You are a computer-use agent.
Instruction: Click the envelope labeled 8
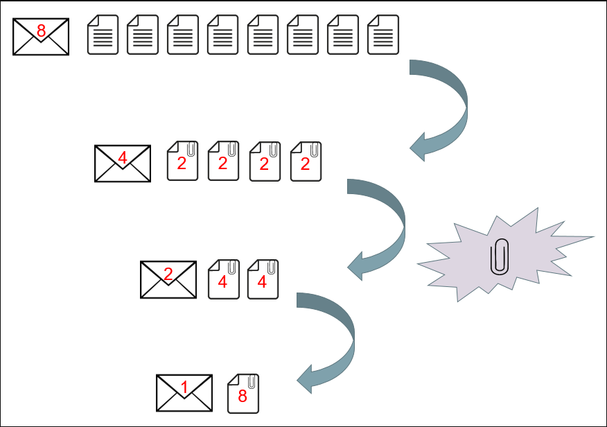41,37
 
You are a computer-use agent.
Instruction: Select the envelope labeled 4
123,164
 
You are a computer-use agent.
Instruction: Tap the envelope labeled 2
168,279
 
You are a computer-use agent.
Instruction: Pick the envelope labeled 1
184,393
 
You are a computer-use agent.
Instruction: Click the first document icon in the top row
103,35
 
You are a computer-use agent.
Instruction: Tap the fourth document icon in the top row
223,35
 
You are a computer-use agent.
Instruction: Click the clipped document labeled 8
243,394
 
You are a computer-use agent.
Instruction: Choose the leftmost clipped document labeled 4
224,279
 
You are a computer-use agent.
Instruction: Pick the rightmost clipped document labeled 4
263,279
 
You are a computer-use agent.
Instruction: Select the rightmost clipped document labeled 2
306,162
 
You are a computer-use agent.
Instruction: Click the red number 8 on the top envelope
41,31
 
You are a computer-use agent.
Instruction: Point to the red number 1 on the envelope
184,387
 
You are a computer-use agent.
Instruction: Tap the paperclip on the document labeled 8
252,382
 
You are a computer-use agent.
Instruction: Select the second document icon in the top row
143,35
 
